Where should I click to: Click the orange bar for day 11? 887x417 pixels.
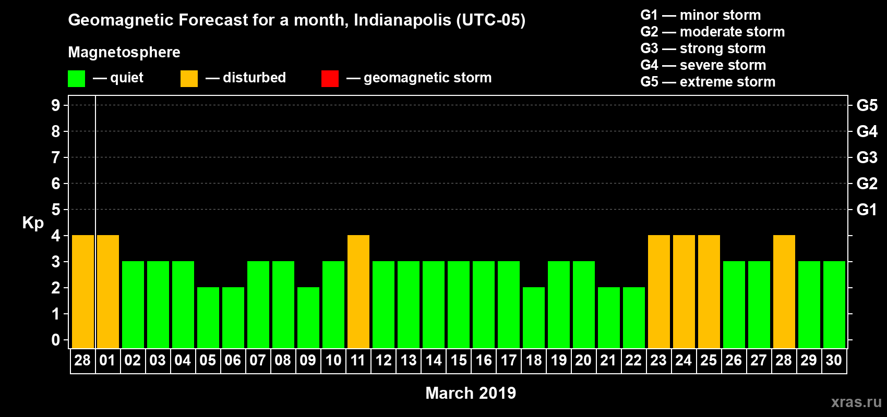tap(358, 291)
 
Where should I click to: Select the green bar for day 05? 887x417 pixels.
tap(208, 317)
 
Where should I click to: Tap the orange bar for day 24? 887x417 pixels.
tap(684, 291)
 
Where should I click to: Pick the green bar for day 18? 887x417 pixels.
tap(534, 317)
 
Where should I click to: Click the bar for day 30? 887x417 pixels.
tap(834, 304)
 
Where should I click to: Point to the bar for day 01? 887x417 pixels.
tap(108, 291)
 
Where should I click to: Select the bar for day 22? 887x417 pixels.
tap(634, 317)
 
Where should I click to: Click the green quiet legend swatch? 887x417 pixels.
tap(76, 79)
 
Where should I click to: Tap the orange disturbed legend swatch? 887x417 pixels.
tap(189, 79)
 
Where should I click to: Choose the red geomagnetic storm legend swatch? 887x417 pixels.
tap(330, 79)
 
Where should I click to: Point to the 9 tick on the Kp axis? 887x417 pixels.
tap(56, 105)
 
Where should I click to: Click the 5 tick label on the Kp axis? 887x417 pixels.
tap(56, 210)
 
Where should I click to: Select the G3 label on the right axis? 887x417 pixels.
tap(867, 157)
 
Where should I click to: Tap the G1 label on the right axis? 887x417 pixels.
tap(867, 210)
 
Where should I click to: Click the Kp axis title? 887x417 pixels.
tap(33, 223)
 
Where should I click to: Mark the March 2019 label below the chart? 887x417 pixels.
tap(471, 393)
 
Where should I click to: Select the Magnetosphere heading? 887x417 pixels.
tap(124, 52)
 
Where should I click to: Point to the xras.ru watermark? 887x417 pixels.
tap(856, 402)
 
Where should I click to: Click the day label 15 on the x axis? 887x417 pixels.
tap(459, 360)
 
